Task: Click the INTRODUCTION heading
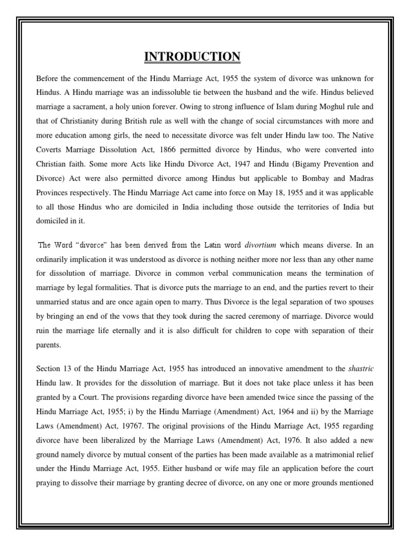[193, 57]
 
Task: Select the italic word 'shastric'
[360, 368]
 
